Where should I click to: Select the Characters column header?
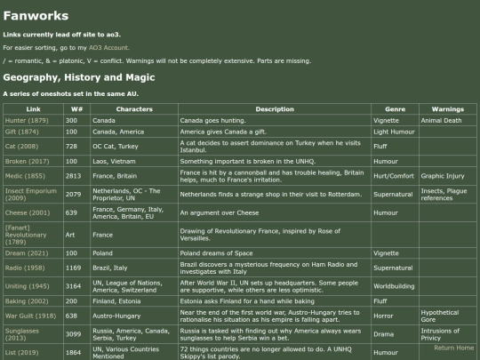point(133,108)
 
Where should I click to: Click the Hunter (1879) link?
point(27,120)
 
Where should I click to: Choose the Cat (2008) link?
point(21,146)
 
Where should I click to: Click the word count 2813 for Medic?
point(74,175)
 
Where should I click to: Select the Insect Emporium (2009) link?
point(31,194)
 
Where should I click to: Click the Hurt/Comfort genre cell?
point(394,175)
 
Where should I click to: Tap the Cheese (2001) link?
point(28,213)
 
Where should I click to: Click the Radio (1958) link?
point(25,267)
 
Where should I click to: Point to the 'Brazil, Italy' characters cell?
point(110,267)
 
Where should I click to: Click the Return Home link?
point(453,348)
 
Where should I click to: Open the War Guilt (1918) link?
point(31,316)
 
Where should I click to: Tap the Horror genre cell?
point(383,316)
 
